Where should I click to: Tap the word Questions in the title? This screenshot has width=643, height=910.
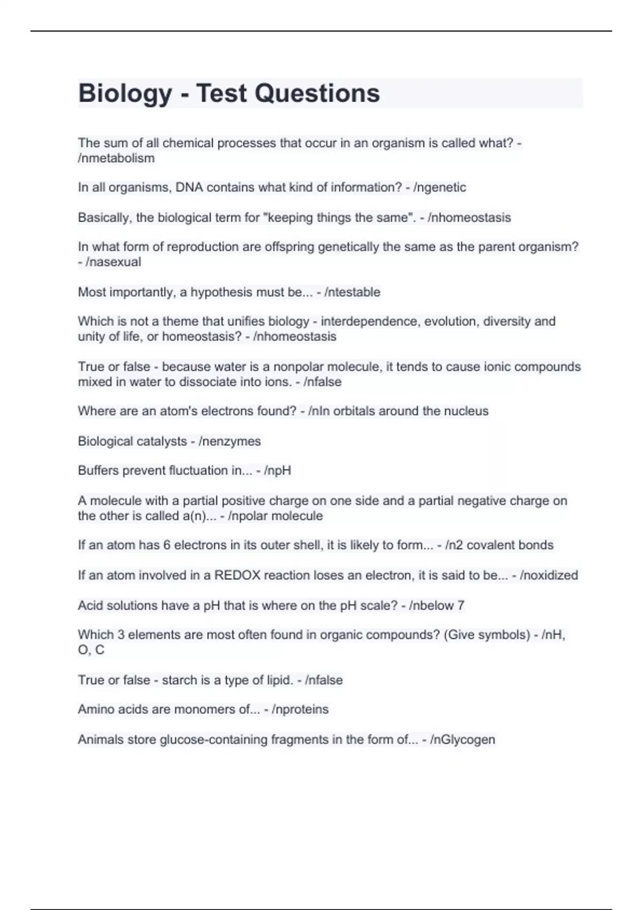coord(317,94)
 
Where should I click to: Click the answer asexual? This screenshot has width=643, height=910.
coord(117,262)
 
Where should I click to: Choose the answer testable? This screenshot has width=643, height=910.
coord(355,292)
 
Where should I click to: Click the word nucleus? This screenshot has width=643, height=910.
coord(466,411)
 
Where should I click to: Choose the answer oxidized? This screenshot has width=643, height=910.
coord(552,575)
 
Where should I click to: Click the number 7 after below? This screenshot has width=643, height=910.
coord(461,605)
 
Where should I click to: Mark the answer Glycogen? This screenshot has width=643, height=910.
coord(466,740)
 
